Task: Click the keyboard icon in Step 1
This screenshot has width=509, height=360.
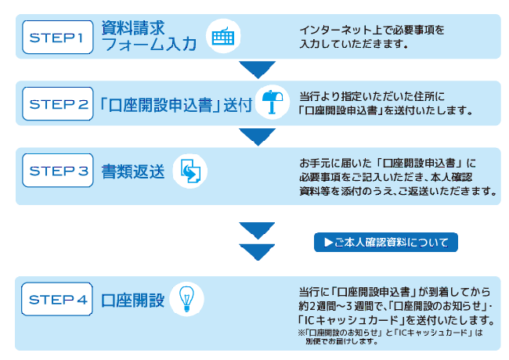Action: [x=222, y=36]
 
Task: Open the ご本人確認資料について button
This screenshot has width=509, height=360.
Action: [x=385, y=243]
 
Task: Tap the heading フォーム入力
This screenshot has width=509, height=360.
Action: [x=149, y=45]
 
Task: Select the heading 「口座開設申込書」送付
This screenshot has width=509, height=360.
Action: [x=176, y=104]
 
